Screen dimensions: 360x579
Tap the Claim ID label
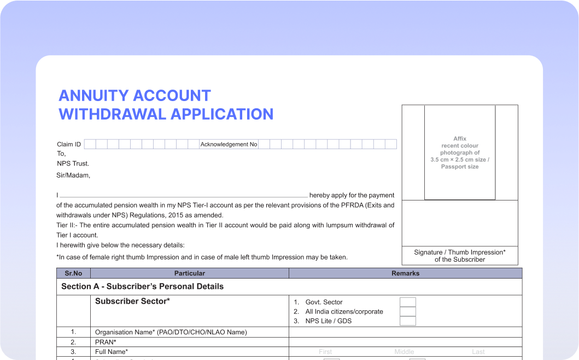coord(69,144)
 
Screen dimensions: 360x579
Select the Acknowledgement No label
coord(229,144)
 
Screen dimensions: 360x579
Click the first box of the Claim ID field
coord(90,144)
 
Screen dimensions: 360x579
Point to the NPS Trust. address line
coord(73,163)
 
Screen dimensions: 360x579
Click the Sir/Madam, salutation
coord(73,175)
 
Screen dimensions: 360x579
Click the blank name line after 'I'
coord(183,195)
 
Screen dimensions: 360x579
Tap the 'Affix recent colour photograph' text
coord(460,152)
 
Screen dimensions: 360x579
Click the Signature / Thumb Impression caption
coord(460,256)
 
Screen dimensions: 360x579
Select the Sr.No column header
coord(73,273)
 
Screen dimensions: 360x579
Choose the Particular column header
coord(190,273)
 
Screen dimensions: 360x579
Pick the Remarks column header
coord(405,273)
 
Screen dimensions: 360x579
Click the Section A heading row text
coord(142,286)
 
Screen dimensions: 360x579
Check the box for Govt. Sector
coord(407,302)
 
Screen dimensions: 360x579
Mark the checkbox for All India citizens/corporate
coord(407,311)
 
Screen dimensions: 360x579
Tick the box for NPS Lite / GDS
coord(407,321)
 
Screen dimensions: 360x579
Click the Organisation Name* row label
coord(171,332)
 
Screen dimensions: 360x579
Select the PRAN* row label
coord(106,342)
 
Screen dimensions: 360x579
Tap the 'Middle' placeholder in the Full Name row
coord(404,352)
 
